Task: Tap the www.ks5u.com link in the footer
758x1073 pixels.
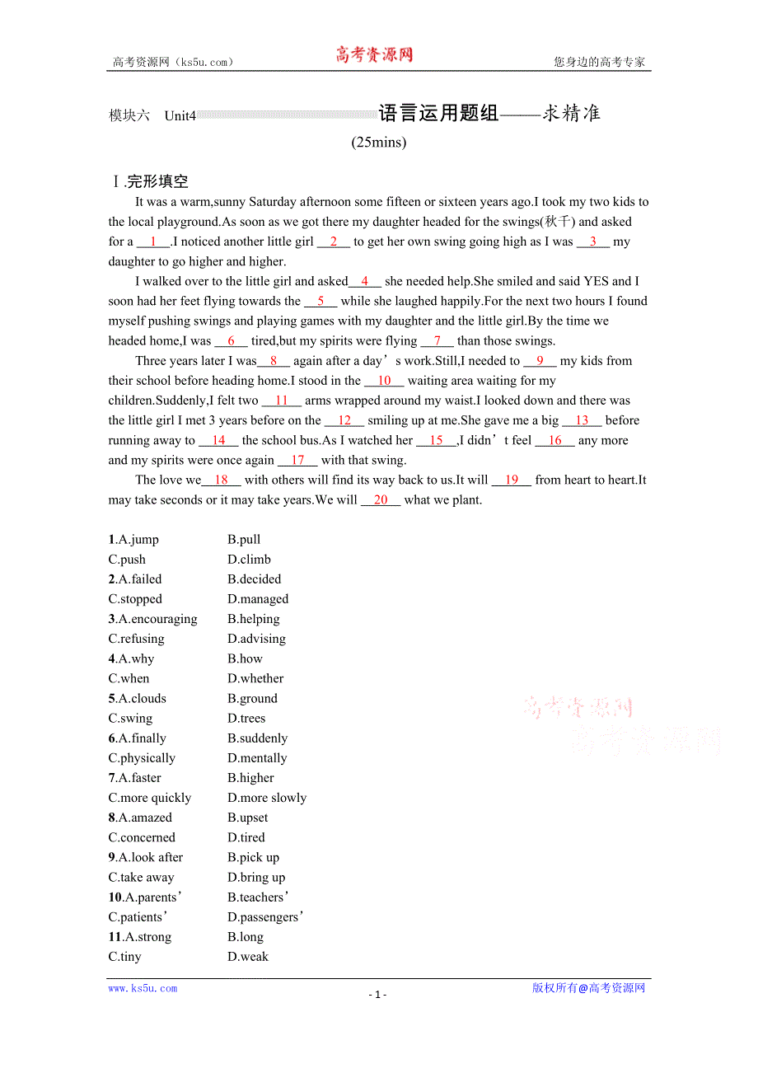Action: tap(143, 988)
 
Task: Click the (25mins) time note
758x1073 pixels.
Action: tap(379, 142)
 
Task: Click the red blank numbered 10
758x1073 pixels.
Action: tap(384, 381)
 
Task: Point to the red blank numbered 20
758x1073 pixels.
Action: tap(381, 500)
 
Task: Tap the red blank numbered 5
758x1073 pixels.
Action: tap(321, 302)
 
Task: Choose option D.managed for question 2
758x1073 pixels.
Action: tap(258, 599)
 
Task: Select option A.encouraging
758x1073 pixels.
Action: tap(153, 619)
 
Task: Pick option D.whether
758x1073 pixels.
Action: tap(255, 678)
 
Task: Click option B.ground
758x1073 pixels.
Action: tap(252, 698)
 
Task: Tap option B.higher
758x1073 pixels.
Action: tap(250, 778)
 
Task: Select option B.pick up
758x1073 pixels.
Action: tap(253, 857)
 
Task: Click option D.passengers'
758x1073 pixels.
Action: tap(265, 917)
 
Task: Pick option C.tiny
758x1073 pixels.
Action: tap(124, 957)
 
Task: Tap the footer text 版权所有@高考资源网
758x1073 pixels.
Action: tap(588, 988)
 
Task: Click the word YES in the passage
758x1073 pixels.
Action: tap(596, 281)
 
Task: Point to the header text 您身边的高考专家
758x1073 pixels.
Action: tap(599, 62)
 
